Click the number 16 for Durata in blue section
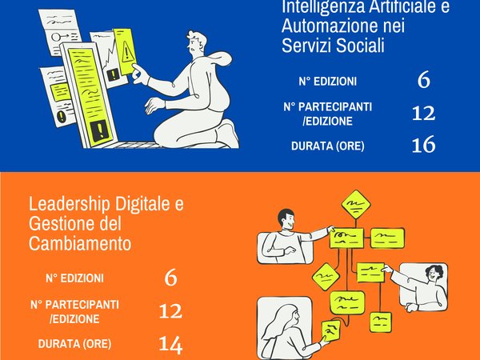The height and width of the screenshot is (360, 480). click(423, 145)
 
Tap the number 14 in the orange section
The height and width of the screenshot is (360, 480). click(170, 344)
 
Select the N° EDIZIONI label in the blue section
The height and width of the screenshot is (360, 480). click(327, 82)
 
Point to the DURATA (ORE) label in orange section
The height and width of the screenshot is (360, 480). click(74, 344)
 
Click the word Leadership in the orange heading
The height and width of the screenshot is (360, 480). click(69, 204)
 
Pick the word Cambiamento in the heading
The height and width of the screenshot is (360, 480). click(80, 243)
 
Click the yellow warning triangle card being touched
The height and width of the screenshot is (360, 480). click(126, 51)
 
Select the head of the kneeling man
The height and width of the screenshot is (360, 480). click(197, 42)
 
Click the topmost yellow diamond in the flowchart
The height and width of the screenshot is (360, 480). click(356, 204)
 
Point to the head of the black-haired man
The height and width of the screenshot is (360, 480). click(286, 218)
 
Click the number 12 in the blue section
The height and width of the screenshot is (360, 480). click(423, 113)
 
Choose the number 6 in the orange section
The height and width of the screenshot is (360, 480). click(170, 278)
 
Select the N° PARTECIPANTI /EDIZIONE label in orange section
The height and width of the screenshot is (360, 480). click(74, 312)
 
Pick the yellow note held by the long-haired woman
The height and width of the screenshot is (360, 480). click(331, 330)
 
